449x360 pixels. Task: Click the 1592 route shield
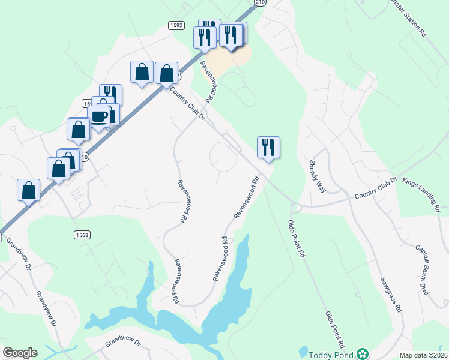175,25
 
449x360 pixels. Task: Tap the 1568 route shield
82,235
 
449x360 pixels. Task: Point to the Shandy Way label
317,176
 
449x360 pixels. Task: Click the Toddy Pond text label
331,354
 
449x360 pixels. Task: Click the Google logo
20,353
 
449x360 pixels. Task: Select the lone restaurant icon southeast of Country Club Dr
268,146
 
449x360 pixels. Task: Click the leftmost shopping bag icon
28,190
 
